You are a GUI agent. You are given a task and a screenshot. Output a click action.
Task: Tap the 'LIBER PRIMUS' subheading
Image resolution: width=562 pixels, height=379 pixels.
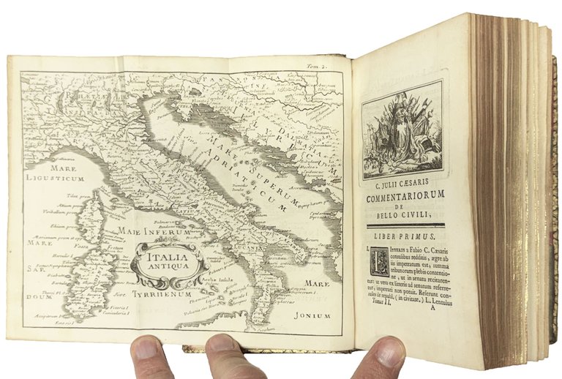pos(405,239)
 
